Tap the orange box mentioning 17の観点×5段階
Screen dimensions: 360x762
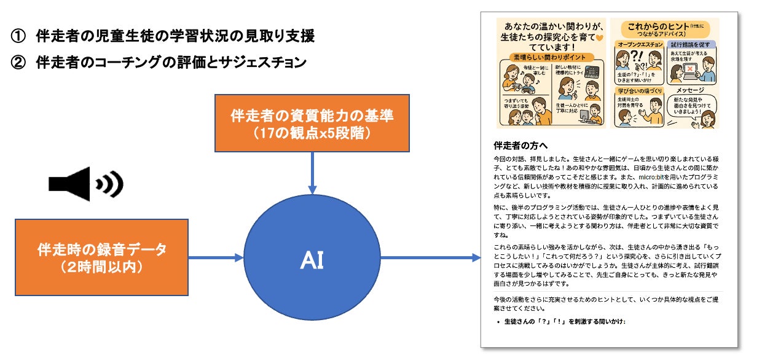312,122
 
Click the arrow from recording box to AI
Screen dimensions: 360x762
216,258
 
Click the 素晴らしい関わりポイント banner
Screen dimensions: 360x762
548,57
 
